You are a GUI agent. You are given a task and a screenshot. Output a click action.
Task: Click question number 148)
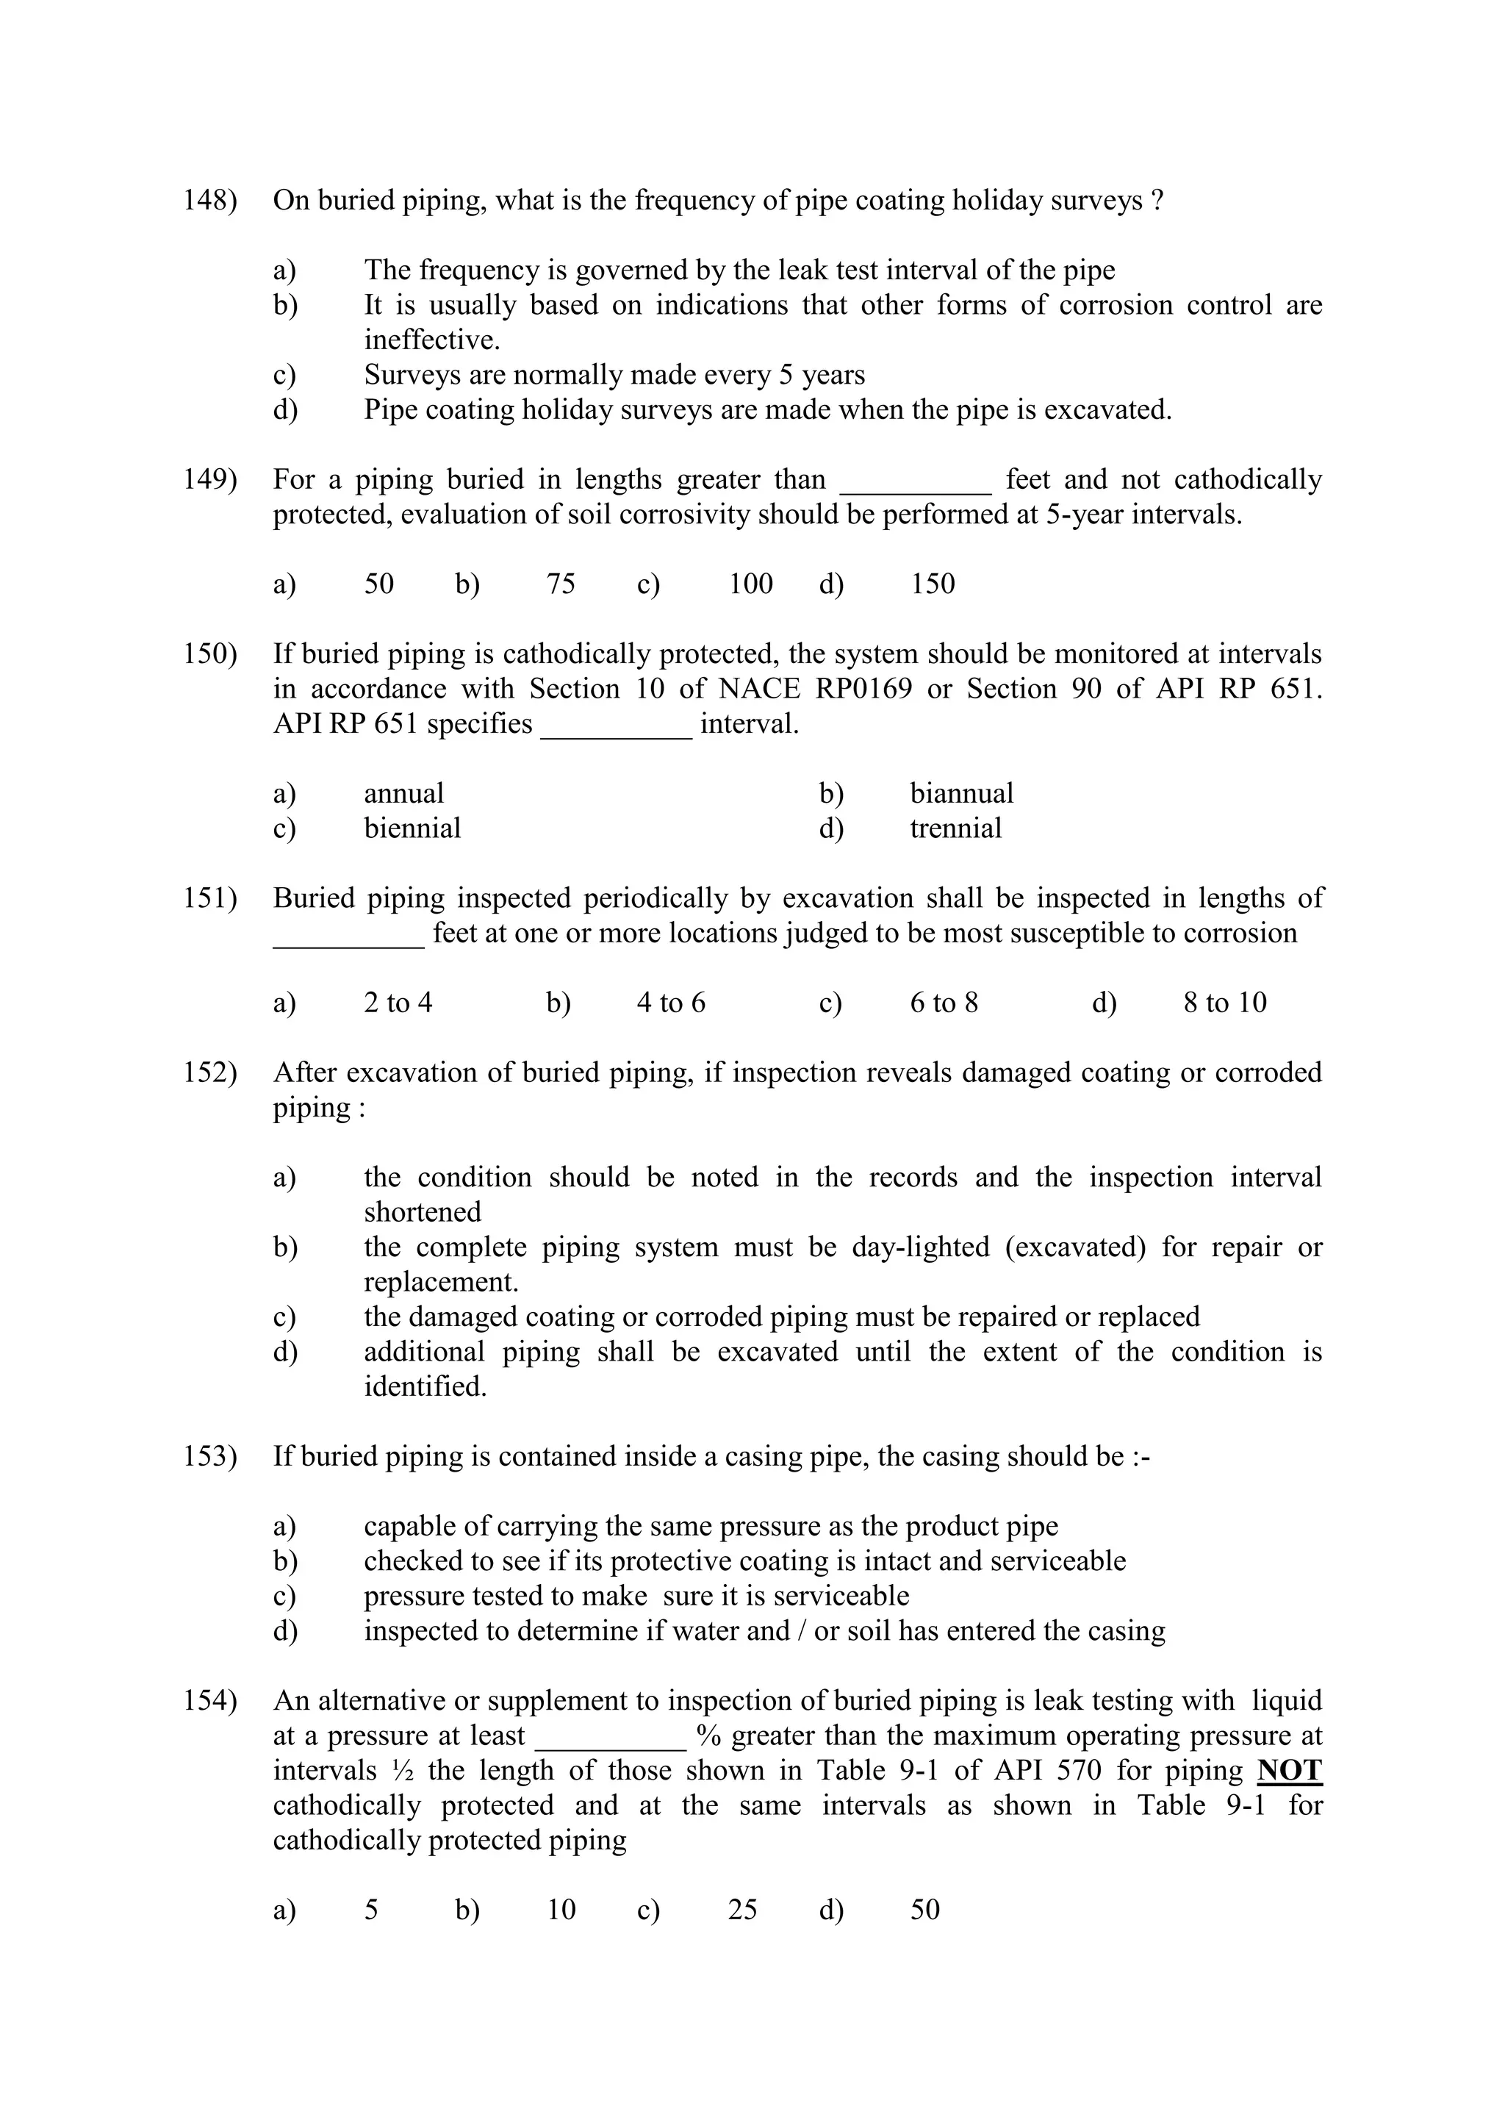(210, 201)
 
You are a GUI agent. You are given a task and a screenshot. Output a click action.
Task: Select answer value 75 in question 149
(561, 584)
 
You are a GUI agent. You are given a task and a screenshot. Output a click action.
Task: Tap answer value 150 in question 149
(933, 584)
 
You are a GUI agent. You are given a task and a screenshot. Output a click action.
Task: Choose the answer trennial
(955, 828)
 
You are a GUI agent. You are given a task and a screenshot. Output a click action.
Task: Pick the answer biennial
(412, 828)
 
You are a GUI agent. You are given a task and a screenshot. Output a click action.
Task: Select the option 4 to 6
(671, 1003)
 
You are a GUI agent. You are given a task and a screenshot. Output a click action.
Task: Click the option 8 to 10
(1224, 1003)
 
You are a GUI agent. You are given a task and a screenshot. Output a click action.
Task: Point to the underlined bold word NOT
(1289, 1771)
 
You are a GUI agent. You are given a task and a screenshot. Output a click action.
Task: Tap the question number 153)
(210, 1457)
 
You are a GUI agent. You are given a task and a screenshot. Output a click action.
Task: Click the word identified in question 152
(425, 1388)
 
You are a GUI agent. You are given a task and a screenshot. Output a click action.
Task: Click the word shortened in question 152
(423, 1212)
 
